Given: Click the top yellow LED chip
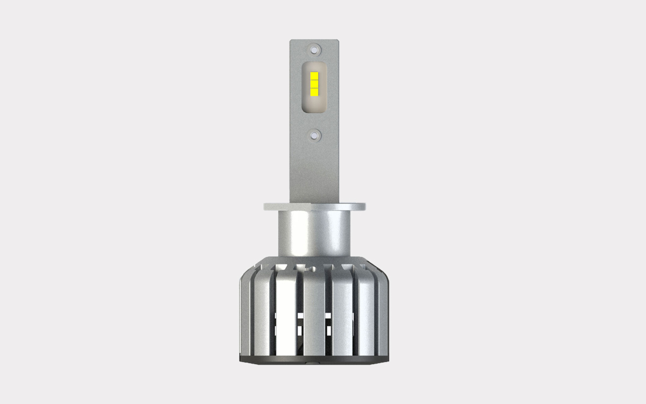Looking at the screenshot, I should click(x=314, y=74).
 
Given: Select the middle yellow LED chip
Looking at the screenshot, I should click(x=314, y=82).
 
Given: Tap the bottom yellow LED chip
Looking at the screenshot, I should click(x=314, y=90).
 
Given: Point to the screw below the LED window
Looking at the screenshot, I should click(x=314, y=134).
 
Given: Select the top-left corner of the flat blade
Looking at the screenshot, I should click(x=291, y=41).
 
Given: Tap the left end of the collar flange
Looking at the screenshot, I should click(x=265, y=206).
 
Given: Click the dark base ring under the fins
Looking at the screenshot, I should click(x=314, y=360).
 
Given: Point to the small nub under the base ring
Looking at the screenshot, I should click(x=314, y=367).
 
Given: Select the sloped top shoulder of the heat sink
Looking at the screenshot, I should click(x=253, y=268).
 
